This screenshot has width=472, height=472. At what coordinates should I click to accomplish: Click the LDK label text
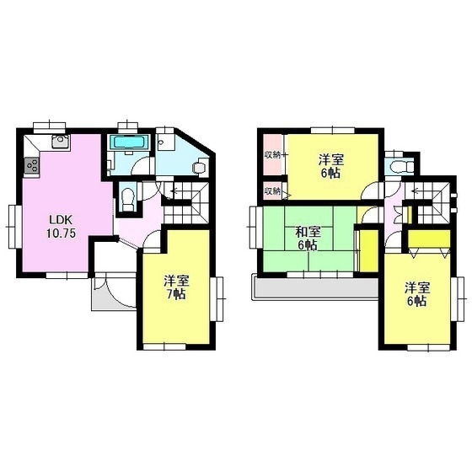pyautogui.click(x=61, y=220)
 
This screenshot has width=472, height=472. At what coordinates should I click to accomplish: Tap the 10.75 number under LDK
pyautogui.click(x=61, y=233)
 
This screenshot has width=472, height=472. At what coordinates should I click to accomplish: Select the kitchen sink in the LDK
pyautogui.click(x=61, y=142)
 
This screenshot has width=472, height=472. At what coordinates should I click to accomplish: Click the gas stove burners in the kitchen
pyautogui.click(x=32, y=165)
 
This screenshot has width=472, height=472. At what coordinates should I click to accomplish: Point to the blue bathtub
pyautogui.click(x=130, y=142)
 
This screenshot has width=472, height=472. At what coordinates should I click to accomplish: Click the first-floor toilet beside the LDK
pyautogui.click(x=128, y=199)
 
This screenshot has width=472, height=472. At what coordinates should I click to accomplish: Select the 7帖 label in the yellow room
pyautogui.click(x=177, y=294)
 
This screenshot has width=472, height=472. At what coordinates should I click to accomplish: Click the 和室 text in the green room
pyautogui.click(x=308, y=232)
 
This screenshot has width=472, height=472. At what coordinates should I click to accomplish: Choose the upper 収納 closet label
pyautogui.click(x=272, y=155)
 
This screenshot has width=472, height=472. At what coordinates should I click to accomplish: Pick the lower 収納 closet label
pyautogui.click(x=272, y=190)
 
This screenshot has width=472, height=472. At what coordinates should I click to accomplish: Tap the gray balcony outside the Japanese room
pyautogui.click(x=316, y=288)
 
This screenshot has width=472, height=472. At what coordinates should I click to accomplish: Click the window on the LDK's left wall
pyautogui.click(x=13, y=227)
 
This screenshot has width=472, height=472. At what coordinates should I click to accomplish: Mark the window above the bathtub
pyautogui.click(x=128, y=126)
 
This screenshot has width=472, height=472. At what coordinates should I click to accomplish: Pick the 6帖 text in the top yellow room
pyautogui.click(x=331, y=173)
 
